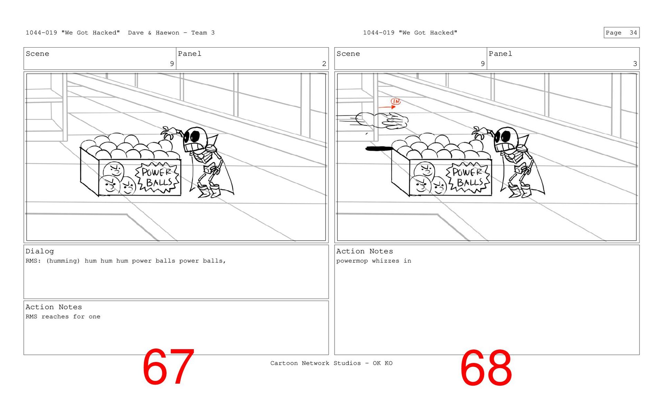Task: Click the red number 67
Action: (x=168, y=367)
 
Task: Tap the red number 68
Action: (x=486, y=368)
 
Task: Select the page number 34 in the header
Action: (x=633, y=33)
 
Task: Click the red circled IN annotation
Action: (x=396, y=101)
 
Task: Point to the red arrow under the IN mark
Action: (x=387, y=108)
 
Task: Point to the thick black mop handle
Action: (x=379, y=149)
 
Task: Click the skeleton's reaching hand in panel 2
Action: (x=169, y=132)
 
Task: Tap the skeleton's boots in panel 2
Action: (x=209, y=191)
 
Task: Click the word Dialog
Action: (x=40, y=251)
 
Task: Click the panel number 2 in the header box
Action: (x=324, y=64)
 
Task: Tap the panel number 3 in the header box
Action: (x=635, y=64)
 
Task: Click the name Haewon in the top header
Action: (x=167, y=33)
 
